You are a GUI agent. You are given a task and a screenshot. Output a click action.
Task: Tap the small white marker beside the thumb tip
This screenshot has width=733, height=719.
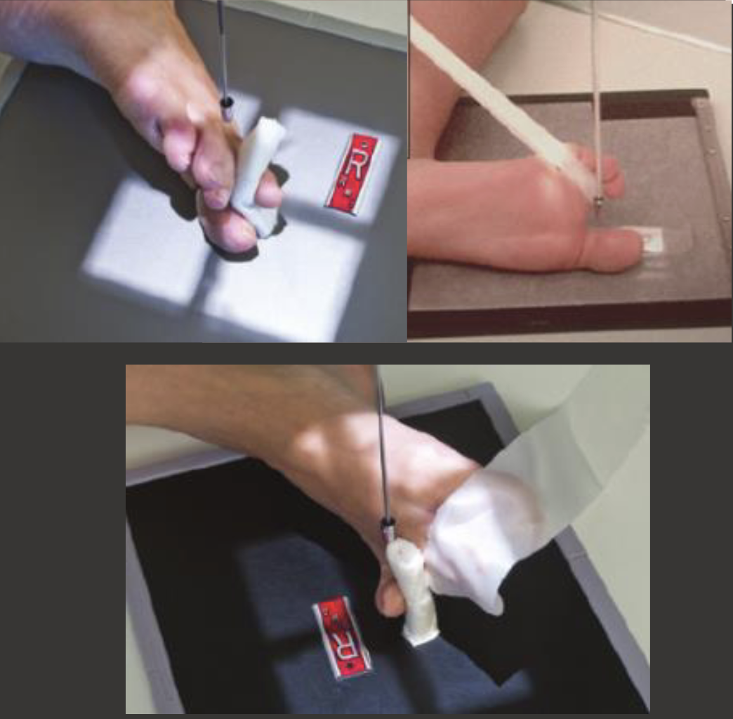[651, 240]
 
